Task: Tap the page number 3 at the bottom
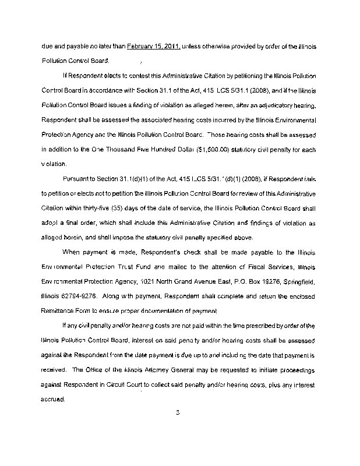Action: pyautogui.click(x=179, y=414)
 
